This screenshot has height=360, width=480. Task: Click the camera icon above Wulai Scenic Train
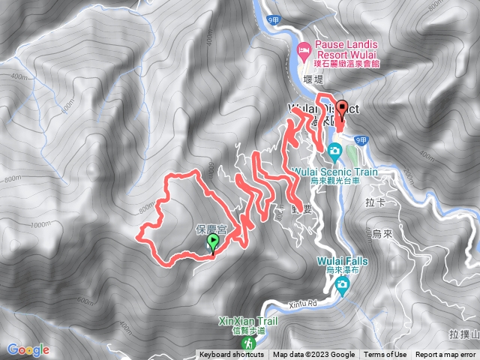point(334,154)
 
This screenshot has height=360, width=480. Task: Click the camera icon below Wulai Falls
point(342,283)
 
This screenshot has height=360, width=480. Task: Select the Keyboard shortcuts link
point(232,355)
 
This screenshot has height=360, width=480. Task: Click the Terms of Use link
point(385,355)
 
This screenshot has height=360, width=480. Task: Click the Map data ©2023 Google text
point(313,355)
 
